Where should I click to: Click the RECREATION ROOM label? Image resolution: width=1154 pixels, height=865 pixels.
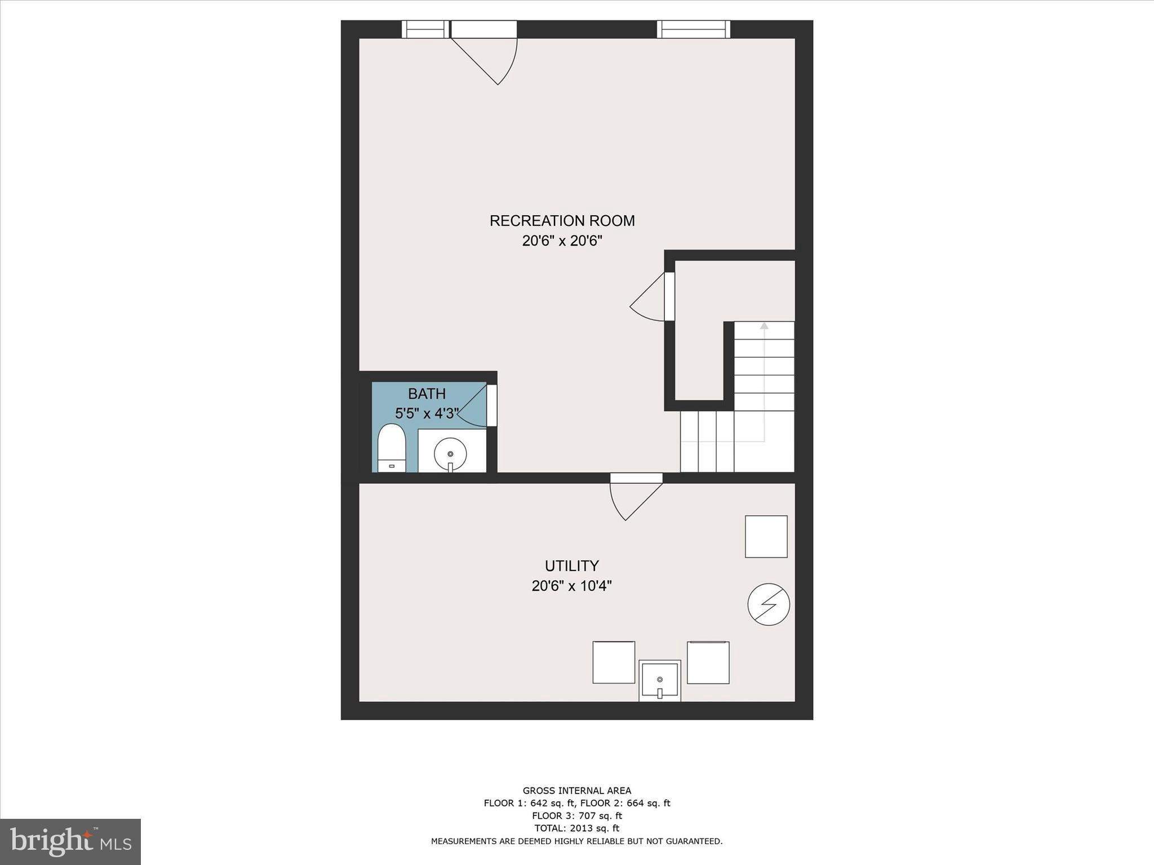(x=562, y=221)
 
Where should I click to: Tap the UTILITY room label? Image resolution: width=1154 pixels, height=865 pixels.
(x=571, y=565)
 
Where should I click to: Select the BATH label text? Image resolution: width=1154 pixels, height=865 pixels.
(x=427, y=394)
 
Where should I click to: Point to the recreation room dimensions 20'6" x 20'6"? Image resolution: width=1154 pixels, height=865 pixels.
(x=562, y=241)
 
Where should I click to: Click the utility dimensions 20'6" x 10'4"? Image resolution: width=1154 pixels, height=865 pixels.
(x=571, y=586)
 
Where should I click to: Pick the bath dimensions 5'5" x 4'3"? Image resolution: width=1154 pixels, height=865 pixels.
(x=427, y=414)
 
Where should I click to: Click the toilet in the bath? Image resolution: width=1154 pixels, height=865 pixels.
(x=392, y=448)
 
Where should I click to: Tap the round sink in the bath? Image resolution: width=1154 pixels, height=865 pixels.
(x=450, y=453)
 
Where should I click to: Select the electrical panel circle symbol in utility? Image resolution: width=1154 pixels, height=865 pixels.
(x=768, y=605)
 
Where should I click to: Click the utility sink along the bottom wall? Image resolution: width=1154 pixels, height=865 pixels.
(x=659, y=681)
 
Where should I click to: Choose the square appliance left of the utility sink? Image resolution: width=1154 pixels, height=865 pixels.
(x=614, y=662)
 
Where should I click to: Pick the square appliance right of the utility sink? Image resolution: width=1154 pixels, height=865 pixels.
(x=708, y=662)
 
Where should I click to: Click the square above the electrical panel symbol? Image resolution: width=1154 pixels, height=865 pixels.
(x=766, y=536)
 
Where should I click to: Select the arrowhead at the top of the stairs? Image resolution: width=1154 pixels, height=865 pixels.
(x=764, y=326)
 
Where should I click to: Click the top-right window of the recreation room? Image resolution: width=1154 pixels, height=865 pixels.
(x=693, y=29)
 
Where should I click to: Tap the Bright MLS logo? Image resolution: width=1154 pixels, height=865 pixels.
(x=70, y=842)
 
